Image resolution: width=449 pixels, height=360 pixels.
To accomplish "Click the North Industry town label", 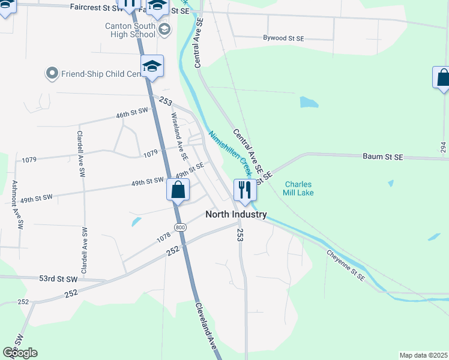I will tap(236, 214).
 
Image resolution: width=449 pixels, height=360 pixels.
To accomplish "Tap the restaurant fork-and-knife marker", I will tap(245, 190).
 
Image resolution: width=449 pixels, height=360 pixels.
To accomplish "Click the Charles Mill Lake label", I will tap(299, 188).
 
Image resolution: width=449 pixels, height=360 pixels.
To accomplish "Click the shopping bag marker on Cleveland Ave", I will tap(178, 191).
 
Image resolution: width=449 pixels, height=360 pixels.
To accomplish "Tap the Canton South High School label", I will tap(130, 30).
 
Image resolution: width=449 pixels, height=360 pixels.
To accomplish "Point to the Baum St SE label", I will tap(382, 157).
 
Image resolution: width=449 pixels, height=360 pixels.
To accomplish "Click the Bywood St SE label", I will tap(283, 38).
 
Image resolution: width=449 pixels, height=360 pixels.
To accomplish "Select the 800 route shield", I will tap(180, 226).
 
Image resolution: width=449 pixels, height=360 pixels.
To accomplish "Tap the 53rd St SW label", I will tap(59, 279).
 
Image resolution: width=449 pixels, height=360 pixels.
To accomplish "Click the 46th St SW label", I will tap(131, 112).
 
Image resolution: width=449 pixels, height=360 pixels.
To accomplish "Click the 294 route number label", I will tap(443, 146).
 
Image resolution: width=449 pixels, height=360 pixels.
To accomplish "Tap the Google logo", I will tap(20, 353).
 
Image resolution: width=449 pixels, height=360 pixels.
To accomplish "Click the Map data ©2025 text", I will tap(423, 355).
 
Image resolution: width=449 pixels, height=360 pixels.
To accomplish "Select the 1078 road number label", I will tap(164, 238).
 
